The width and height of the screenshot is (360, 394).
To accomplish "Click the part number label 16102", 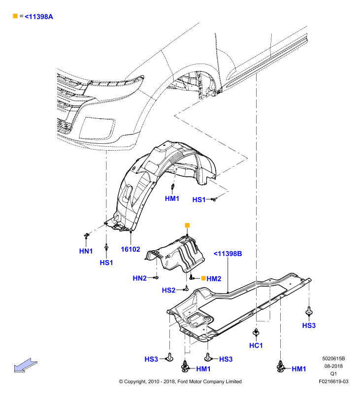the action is pyautogui.click(x=131, y=249).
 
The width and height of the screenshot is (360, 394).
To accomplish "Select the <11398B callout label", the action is pyautogui.click(x=228, y=254).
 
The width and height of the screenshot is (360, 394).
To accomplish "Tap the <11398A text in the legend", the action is pyautogui.click(x=39, y=17).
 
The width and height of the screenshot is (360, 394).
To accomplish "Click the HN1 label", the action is pyautogui.click(x=86, y=251).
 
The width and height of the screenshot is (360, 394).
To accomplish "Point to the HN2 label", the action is pyautogui.click(x=140, y=278).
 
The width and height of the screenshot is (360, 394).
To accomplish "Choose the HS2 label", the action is pyautogui.click(x=168, y=290).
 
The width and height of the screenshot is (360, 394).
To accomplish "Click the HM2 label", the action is pyautogui.click(x=214, y=279).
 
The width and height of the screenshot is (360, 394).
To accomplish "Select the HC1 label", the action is pyautogui.click(x=256, y=346).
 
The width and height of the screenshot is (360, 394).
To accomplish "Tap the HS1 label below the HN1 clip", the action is pyautogui.click(x=106, y=263).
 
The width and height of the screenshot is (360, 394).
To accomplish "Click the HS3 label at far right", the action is pyautogui.click(x=309, y=326).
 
